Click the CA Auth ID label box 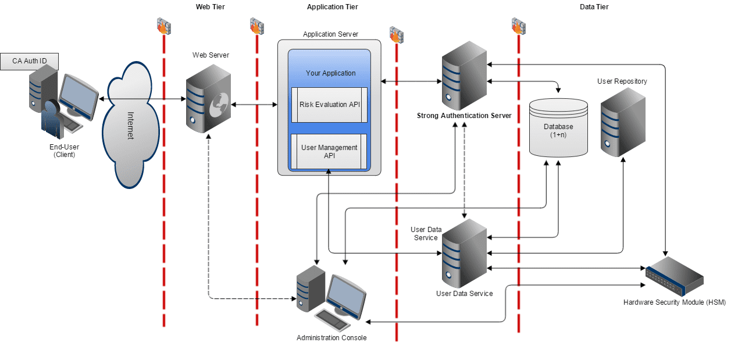click(x=30, y=60)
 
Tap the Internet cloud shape click(x=130, y=125)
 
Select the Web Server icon click(x=208, y=100)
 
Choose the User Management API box click(x=329, y=152)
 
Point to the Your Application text click(x=330, y=73)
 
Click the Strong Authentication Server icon click(x=464, y=79)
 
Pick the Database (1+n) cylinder click(x=558, y=128)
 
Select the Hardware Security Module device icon click(x=675, y=277)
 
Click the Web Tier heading click(x=210, y=7)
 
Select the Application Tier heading click(x=333, y=7)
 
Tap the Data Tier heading click(x=594, y=7)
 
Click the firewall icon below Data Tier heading click(x=518, y=25)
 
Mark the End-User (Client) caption click(x=65, y=151)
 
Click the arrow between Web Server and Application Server click(x=254, y=105)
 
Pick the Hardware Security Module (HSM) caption click(x=675, y=302)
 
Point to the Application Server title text click(x=330, y=34)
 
